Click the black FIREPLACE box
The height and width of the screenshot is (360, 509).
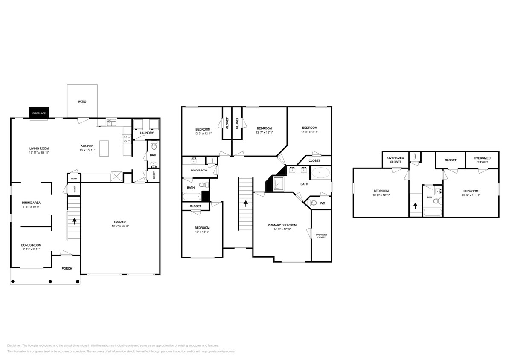(39, 113)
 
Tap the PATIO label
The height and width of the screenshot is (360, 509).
(82, 102)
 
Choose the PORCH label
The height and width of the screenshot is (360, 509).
(67, 268)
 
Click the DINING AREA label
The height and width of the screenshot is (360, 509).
(31, 203)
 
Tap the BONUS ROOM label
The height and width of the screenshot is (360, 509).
(31, 245)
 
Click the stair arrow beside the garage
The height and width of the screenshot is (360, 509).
(75, 221)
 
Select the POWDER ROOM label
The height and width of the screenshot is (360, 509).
(195, 170)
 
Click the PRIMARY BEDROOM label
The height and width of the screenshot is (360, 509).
(282, 225)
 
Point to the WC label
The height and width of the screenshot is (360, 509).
(323, 203)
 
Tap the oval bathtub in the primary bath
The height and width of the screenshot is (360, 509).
(320, 173)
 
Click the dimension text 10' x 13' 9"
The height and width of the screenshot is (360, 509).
(202, 232)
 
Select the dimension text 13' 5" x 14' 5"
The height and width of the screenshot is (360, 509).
(310, 132)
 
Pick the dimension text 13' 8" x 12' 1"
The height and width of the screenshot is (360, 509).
(381, 195)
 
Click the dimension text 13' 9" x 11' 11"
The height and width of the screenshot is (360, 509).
(470, 195)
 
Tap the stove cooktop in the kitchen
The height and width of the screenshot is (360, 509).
(127, 138)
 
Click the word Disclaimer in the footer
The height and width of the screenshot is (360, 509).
(14, 345)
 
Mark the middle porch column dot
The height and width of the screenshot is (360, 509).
(50, 282)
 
